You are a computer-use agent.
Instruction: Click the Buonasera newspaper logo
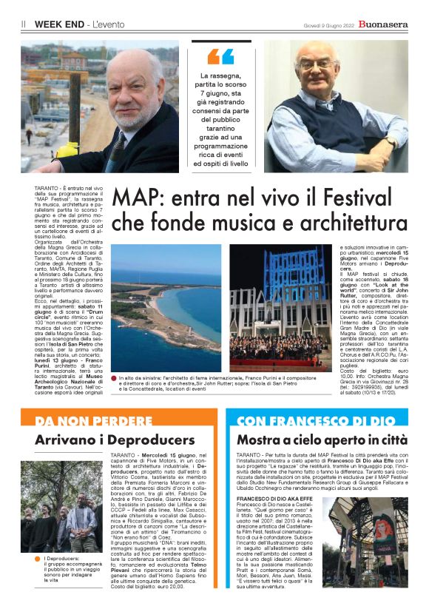click(382, 24)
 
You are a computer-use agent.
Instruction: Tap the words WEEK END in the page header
click(58, 24)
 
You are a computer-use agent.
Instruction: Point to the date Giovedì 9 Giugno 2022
click(325, 24)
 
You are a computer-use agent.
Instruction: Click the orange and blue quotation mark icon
click(220, 56)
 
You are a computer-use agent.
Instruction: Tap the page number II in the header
click(24, 24)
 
